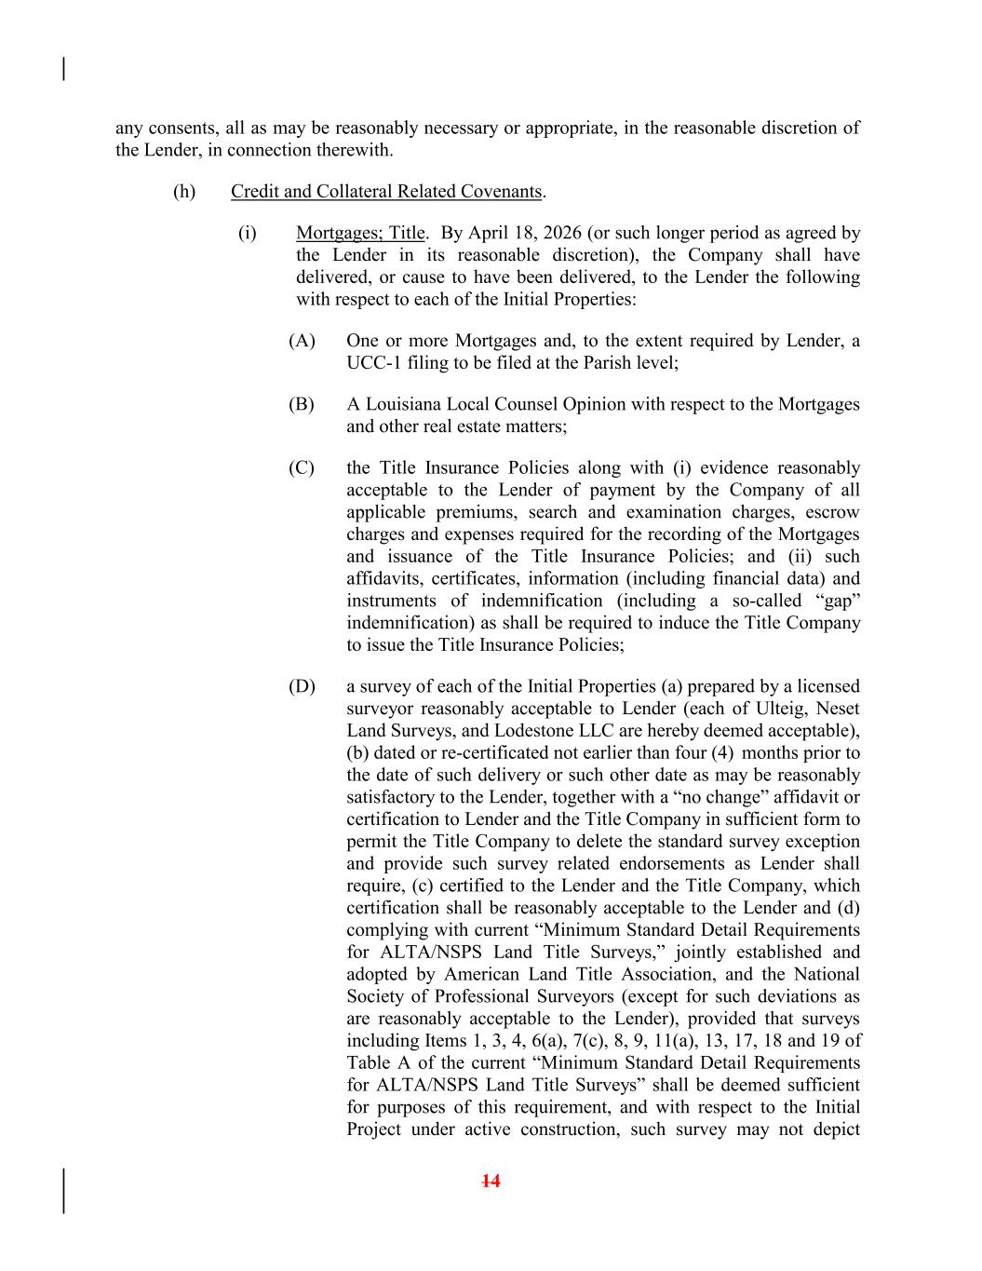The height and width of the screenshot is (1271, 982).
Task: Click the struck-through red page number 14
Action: (491, 1182)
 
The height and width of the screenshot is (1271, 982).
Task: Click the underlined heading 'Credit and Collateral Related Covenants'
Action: (385, 192)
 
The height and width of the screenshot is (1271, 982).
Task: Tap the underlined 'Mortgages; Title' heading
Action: (360, 233)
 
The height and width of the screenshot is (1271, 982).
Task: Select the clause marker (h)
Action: (184, 192)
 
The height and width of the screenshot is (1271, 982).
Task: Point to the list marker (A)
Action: (302, 341)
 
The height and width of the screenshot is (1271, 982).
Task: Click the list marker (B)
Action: (302, 404)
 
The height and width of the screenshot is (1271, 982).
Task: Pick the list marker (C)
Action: (302, 467)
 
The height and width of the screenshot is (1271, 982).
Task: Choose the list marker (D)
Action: (302, 686)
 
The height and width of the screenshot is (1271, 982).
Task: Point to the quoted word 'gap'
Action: (836, 601)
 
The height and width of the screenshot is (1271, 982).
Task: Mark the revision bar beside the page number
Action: (63, 1191)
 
